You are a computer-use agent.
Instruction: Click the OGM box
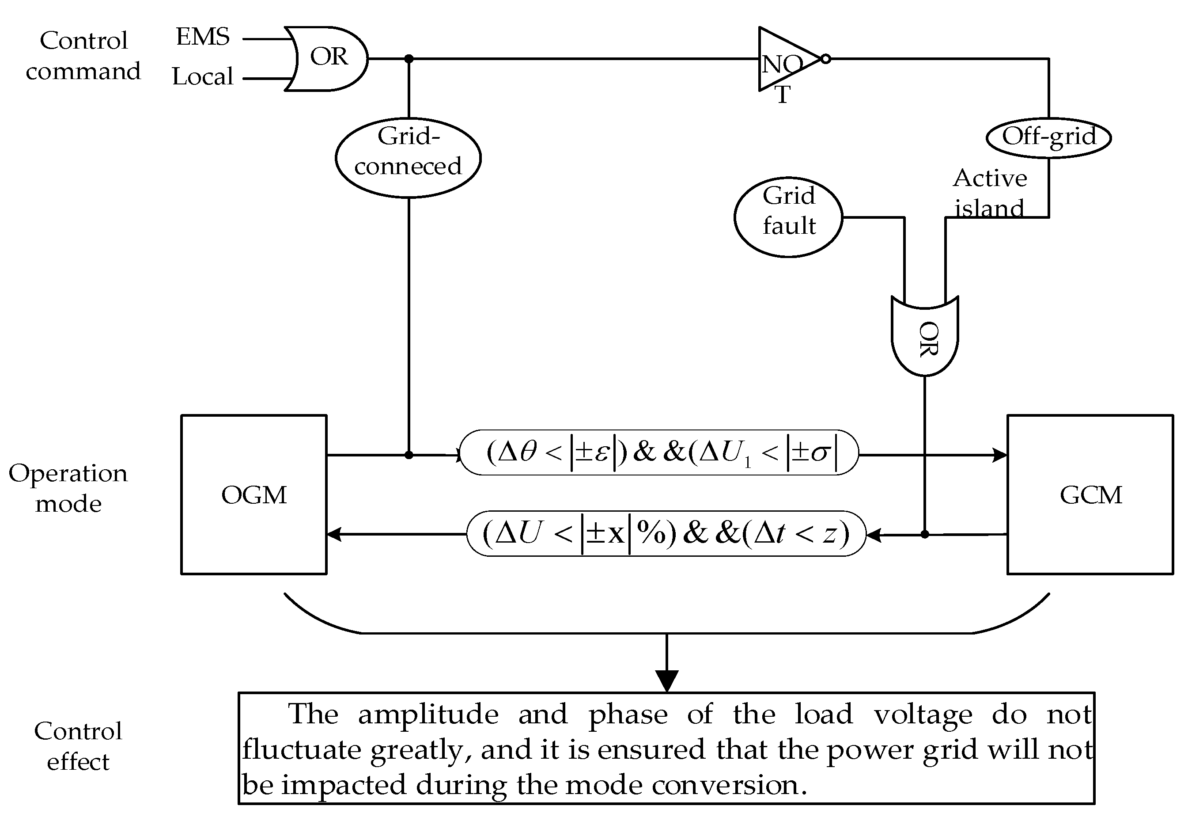coord(254,495)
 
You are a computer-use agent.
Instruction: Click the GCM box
coord(1090,495)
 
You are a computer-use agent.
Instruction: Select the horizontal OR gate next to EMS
coord(327,59)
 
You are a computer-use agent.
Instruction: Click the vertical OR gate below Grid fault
coord(924,337)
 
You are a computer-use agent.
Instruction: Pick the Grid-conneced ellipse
coord(408,157)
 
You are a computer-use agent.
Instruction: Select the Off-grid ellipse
coord(1049,137)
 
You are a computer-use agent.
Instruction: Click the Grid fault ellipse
coord(788,217)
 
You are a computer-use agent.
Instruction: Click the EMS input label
coord(203,37)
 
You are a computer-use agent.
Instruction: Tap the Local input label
coord(203,76)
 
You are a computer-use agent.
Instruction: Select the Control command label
coord(83,56)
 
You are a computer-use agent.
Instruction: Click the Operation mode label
coord(68,488)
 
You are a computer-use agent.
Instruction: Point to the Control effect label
coord(78,746)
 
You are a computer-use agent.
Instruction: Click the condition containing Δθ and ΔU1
coord(659,452)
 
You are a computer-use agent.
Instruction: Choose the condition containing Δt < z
coord(666,533)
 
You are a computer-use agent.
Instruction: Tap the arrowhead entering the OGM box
coord(334,535)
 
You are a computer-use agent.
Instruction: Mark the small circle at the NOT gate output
coord(825,59)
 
